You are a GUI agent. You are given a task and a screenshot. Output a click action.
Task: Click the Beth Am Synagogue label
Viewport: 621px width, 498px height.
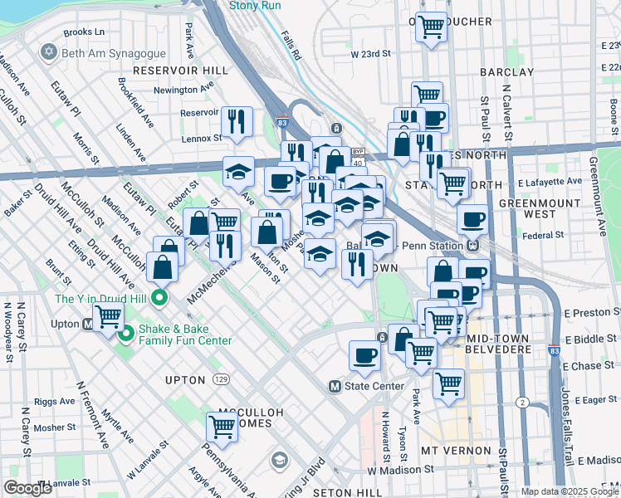coord(105,52)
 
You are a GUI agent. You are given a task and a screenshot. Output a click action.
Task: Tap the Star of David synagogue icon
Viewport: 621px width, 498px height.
coord(48,52)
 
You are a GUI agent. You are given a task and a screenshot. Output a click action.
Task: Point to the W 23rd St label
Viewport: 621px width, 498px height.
coord(370,53)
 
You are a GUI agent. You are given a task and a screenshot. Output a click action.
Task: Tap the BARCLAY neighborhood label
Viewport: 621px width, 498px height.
coord(506,72)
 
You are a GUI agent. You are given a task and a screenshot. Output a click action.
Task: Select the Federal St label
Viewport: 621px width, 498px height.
coord(544,236)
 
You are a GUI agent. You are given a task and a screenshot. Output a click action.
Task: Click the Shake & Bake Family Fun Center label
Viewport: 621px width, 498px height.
coord(185,334)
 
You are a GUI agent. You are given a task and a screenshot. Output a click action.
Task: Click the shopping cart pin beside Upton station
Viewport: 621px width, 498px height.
coord(108,315)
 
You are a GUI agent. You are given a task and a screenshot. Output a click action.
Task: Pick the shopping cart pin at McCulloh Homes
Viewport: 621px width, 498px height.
coord(222,425)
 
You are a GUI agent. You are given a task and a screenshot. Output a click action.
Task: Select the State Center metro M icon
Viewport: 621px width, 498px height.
coord(335,386)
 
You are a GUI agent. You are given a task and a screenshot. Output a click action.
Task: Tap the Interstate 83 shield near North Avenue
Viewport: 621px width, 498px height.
coord(281,122)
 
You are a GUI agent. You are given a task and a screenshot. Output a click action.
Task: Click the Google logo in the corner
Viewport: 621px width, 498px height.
coord(28,488)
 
